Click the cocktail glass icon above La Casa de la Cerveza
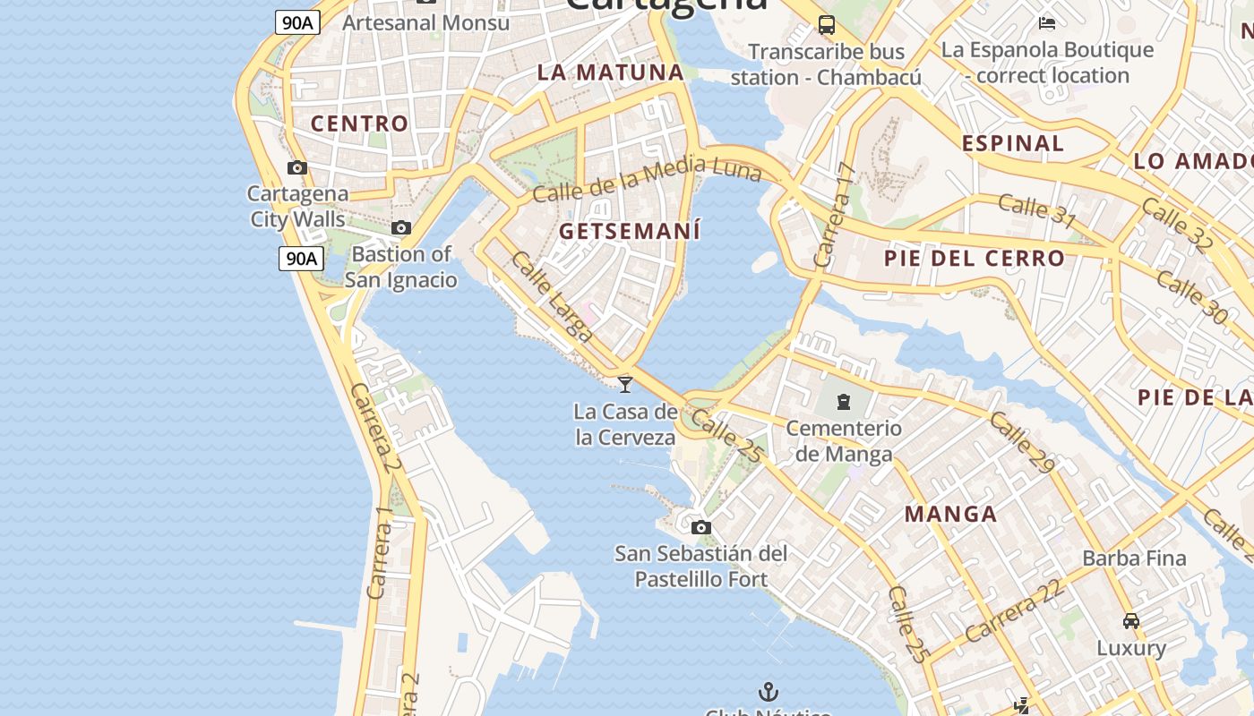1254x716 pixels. pos(625,384)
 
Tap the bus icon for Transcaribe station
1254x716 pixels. pos(826,25)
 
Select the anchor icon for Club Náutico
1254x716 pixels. pos(768,691)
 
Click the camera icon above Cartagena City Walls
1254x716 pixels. pos(297,167)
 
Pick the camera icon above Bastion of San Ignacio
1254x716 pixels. pos(401,228)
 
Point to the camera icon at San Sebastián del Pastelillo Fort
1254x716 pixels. pos(700,527)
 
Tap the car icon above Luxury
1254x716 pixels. pos(1131,620)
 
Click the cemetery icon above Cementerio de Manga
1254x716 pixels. pos(844,401)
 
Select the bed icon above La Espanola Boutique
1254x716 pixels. pos(1047,22)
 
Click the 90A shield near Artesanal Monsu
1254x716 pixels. pos(297,22)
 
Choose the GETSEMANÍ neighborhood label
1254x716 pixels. pos(629,231)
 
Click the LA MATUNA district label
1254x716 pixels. pos(610,72)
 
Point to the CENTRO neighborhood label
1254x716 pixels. pos(359,124)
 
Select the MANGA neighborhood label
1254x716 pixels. pos(950,514)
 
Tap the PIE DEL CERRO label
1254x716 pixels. pos(975,259)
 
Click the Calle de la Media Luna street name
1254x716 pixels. pos(647,178)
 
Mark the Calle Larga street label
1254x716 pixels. pos(552,296)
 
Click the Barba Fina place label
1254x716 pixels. pos(1134,558)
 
